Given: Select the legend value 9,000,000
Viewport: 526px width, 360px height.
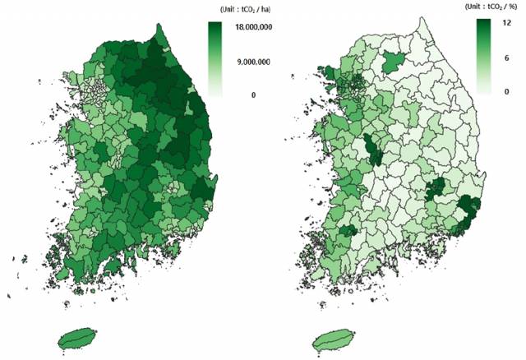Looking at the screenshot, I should point(253,62).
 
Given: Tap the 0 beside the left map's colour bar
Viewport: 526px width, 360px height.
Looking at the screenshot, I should point(253,95).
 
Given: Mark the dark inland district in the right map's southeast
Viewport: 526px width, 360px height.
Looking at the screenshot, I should point(435,191).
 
